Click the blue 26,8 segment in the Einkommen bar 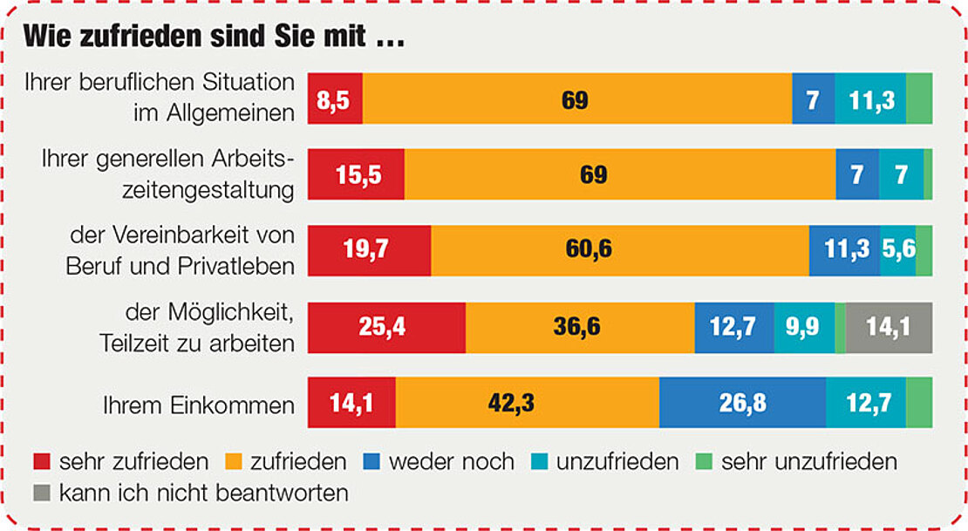(x=742, y=402)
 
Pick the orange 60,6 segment (x=619, y=250)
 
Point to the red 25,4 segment (x=387, y=327)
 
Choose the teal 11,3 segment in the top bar (x=870, y=99)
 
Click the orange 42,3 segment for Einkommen (x=527, y=402)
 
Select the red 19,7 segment (x=370, y=250)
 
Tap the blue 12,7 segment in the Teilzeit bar (x=733, y=327)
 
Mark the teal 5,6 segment (x=897, y=250)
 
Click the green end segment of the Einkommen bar (x=919, y=402)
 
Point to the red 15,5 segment (x=357, y=174)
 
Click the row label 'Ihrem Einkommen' (x=198, y=405)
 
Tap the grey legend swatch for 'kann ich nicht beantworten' (x=40, y=493)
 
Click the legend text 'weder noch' (x=451, y=460)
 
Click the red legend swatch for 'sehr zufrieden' (x=40, y=460)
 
